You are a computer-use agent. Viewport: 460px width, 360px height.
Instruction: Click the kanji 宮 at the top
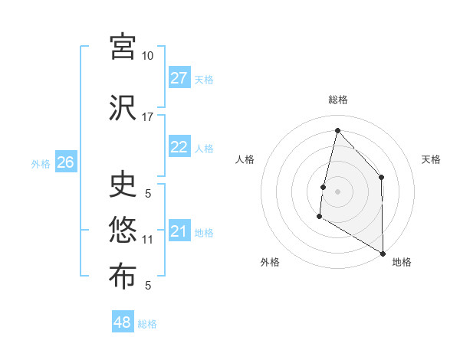(x=123, y=46)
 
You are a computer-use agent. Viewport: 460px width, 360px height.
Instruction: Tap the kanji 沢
(x=123, y=107)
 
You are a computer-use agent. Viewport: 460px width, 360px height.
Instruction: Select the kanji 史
(x=123, y=184)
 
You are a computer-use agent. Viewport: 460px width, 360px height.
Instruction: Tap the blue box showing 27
(x=179, y=78)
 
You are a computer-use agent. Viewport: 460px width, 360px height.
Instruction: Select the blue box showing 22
(x=179, y=147)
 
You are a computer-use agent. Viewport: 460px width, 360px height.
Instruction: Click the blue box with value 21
(x=179, y=231)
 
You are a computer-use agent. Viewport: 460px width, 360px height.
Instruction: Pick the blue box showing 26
(x=65, y=162)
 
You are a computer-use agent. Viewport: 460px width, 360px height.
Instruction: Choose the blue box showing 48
(x=123, y=322)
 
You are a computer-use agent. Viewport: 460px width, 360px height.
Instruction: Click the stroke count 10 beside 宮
(x=147, y=56)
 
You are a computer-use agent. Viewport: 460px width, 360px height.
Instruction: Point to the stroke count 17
(x=147, y=117)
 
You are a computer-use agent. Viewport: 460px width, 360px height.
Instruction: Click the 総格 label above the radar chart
(x=337, y=100)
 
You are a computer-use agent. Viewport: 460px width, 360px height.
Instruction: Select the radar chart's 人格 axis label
(x=245, y=159)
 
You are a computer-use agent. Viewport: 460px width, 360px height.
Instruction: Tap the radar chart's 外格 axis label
(x=269, y=262)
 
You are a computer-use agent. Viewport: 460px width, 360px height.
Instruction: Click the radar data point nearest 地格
(x=383, y=254)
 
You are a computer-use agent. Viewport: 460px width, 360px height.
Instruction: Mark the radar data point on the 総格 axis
(x=337, y=130)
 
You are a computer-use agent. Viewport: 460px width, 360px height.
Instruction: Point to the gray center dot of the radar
(x=337, y=191)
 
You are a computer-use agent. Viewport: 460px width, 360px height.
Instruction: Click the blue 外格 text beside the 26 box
(x=40, y=163)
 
